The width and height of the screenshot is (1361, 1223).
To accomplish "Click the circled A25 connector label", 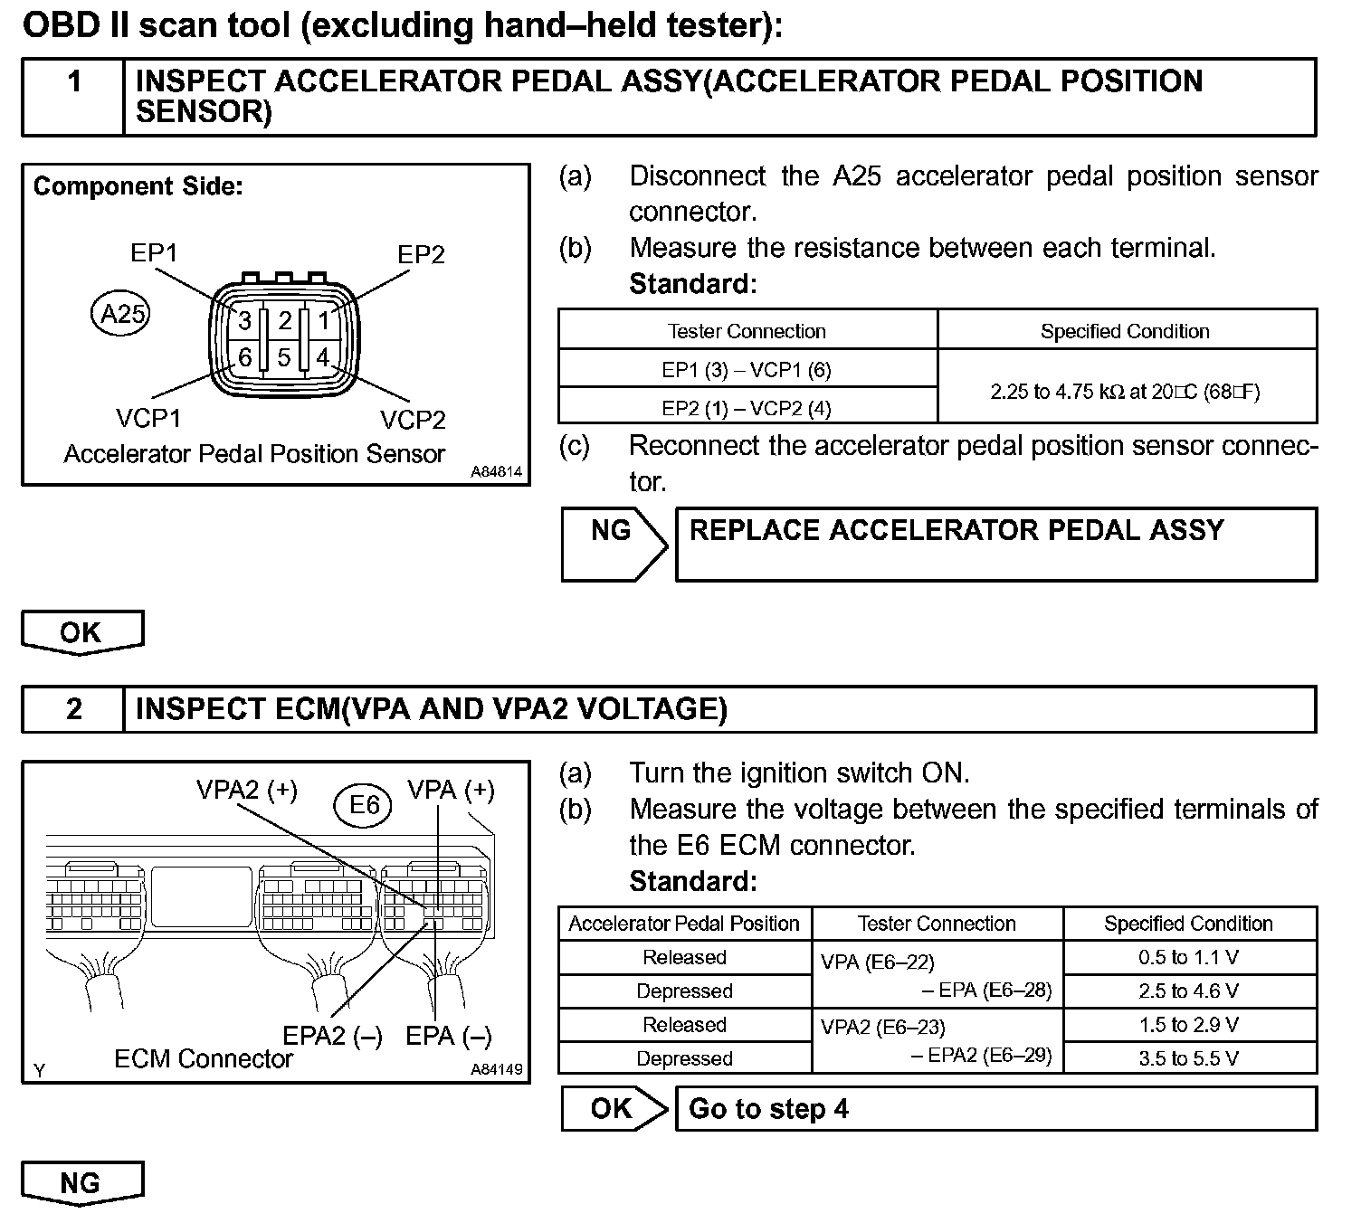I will pyautogui.click(x=121, y=314).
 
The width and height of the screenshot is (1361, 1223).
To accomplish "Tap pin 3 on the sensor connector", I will pyautogui.click(x=244, y=320).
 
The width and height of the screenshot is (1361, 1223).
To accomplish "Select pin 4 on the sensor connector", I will pyautogui.click(x=322, y=357).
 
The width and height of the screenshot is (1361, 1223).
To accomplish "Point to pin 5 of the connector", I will pyautogui.click(x=283, y=357).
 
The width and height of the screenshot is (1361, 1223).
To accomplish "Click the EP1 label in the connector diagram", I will pyautogui.click(x=154, y=252).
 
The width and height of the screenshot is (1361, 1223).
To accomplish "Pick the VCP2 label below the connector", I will pyautogui.click(x=413, y=420).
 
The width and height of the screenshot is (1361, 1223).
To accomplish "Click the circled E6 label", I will pyautogui.click(x=364, y=803).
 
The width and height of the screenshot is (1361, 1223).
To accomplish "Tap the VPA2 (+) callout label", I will pyautogui.click(x=246, y=790).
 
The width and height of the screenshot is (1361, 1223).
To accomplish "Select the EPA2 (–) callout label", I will pyautogui.click(x=333, y=1036).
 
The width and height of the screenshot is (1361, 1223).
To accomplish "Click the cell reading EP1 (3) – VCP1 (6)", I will pyautogui.click(x=747, y=369).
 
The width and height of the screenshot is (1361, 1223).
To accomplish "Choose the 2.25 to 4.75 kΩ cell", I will pyautogui.click(x=1125, y=392).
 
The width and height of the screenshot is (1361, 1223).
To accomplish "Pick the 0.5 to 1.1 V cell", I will pyautogui.click(x=1188, y=957).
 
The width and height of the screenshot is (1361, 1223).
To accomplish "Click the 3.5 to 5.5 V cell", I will pyautogui.click(x=1188, y=1058).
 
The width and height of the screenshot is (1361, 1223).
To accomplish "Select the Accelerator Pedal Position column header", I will pyautogui.click(x=684, y=924).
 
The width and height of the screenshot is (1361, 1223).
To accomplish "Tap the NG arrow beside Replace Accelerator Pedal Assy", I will pyautogui.click(x=614, y=544).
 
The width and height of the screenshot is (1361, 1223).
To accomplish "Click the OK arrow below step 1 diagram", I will pyautogui.click(x=81, y=631).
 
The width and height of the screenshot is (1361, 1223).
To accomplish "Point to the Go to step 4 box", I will pyautogui.click(x=995, y=1109).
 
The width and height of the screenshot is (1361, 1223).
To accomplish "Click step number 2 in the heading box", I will pyautogui.click(x=74, y=708).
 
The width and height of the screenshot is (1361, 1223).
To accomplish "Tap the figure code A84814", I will pyautogui.click(x=496, y=472).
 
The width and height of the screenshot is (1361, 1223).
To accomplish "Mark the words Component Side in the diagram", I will pyautogui.click(x=138, y=186).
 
